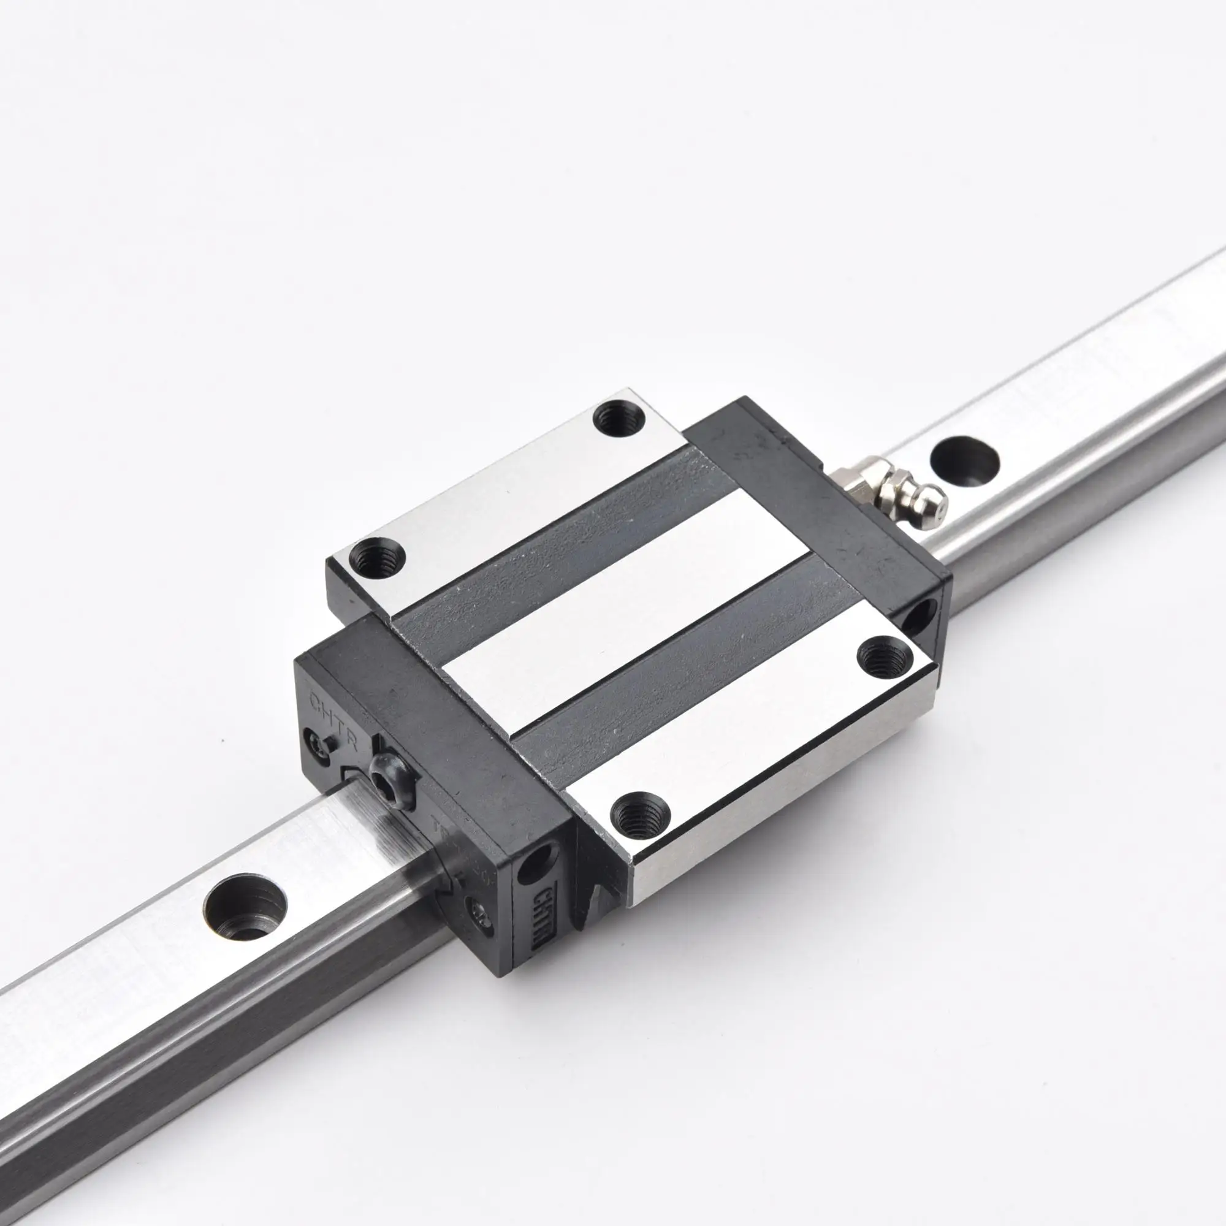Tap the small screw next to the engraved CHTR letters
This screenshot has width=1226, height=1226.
click(x=315, y=739)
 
